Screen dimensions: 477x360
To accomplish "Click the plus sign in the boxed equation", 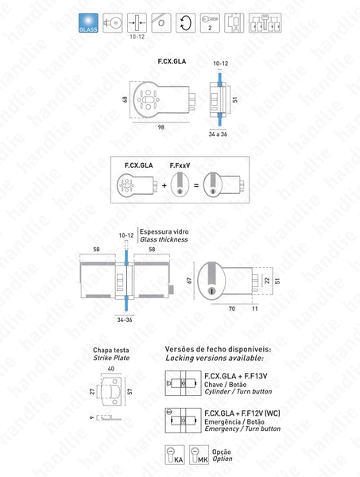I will click(x=165, y=185).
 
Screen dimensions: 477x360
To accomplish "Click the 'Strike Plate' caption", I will click(x=109, y=359).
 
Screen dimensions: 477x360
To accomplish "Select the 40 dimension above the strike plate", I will click(x=110, y=369).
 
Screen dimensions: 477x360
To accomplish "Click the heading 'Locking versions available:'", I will click(x=230, y=359).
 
